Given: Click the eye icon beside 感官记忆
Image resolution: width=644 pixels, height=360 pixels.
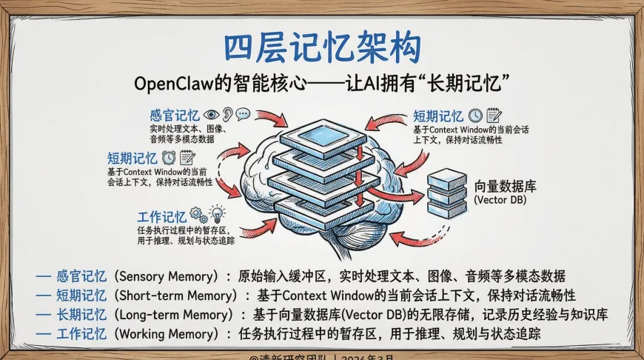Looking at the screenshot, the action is [x=211, y=115].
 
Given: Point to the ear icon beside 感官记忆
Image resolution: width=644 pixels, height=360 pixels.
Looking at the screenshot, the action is [x=227, y=115].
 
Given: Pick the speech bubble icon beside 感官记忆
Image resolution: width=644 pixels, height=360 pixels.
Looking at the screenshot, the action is [x=243, y=115].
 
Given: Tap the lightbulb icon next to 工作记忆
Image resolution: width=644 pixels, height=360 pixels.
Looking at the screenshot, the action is [x=216, y=215].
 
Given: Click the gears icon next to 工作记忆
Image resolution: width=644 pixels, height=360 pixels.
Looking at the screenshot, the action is [x=198, y=215].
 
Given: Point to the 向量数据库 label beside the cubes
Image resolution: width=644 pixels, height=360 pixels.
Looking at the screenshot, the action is [x=505, y=185].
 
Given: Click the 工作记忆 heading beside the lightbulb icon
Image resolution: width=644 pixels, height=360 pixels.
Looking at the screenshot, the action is [x=161, y=217].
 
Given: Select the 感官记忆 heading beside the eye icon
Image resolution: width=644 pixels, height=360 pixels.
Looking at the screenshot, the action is [x=174, y=116].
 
